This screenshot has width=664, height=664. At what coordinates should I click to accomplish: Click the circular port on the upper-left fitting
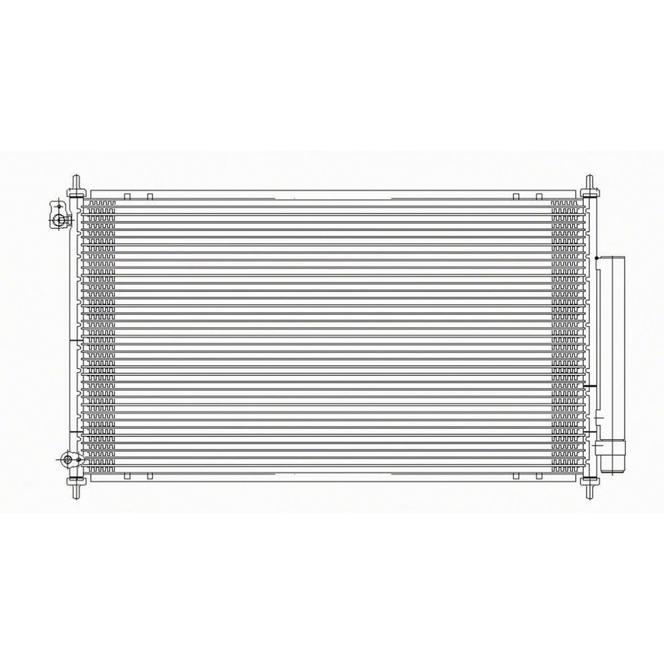[60, 220]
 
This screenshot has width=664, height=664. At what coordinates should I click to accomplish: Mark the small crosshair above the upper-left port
[59, 205]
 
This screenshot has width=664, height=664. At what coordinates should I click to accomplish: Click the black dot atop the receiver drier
[596, 258]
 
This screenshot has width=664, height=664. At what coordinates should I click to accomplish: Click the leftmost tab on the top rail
[127, 196]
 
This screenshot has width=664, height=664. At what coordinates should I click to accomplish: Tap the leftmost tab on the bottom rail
[127, 477]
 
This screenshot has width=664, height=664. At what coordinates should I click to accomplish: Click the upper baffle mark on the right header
[589, 384]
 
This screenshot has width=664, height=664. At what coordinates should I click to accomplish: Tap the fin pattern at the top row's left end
[101, 204]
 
